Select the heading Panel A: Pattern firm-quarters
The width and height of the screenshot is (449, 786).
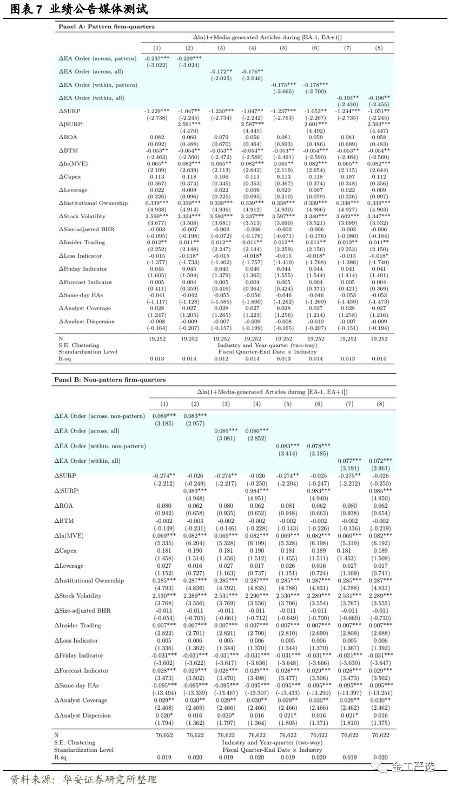click(106, 27)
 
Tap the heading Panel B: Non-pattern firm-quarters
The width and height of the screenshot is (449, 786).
click(109, 379)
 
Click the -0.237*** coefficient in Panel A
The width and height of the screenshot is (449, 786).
click(157, 58)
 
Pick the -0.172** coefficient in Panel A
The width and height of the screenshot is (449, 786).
click(221, 71)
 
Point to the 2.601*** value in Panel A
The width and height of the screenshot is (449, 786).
click(315, 124)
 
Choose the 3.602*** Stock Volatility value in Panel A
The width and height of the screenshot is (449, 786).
click(347, 216)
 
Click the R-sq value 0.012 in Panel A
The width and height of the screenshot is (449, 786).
click(221, 358)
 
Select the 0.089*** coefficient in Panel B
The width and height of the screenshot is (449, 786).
click(164, 416)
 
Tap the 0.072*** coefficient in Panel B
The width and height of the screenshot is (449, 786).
click(380, 461)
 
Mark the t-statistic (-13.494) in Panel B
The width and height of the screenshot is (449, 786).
click(164, 693)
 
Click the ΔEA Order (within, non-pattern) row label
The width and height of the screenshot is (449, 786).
click(100, 446)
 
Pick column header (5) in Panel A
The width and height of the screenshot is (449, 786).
click(283, 48)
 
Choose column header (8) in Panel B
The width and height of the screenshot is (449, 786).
click(380, 404)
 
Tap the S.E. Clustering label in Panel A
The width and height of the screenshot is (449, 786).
click(78, 345)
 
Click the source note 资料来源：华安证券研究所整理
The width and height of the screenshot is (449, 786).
click(83, 780)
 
